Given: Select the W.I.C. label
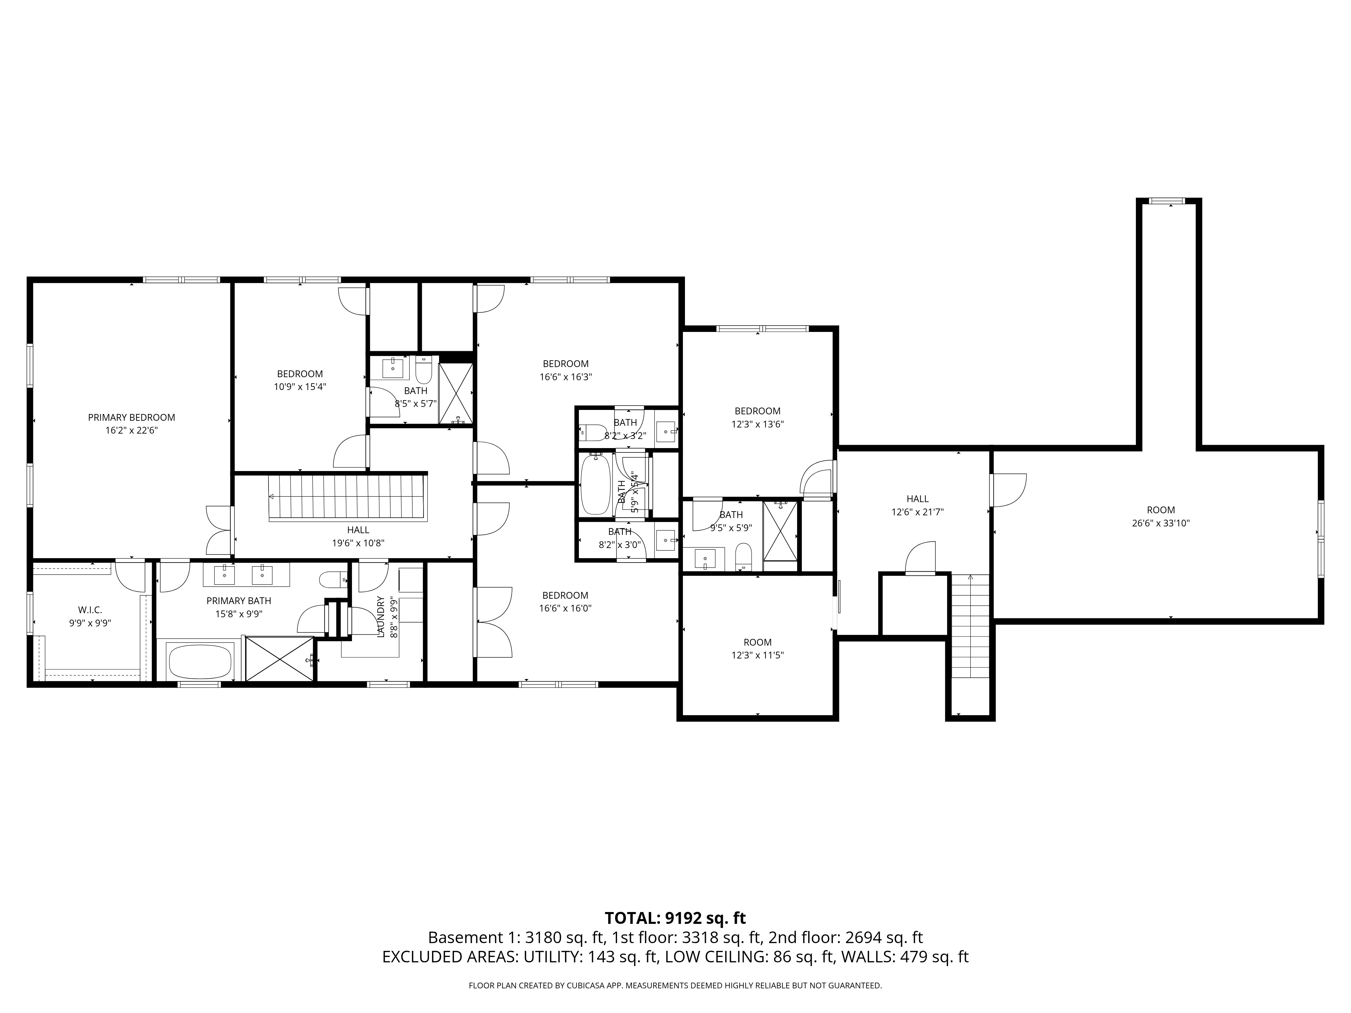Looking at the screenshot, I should coord(90,610).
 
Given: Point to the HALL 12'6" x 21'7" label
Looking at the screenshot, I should coord(917,499).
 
